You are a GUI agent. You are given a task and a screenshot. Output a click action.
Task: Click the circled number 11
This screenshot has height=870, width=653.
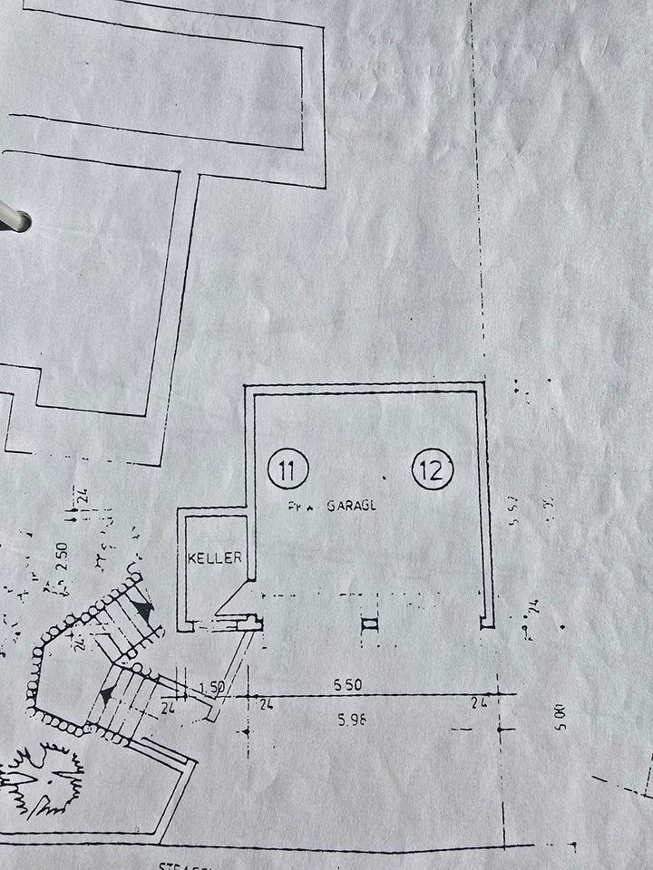coord(289,469)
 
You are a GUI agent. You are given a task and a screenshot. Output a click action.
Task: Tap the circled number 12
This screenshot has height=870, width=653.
coord(432,469)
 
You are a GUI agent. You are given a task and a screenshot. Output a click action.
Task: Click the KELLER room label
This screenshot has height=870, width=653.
coord(215,557)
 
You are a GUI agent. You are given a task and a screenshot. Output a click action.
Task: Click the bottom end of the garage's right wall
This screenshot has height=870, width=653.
coord(487,622)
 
